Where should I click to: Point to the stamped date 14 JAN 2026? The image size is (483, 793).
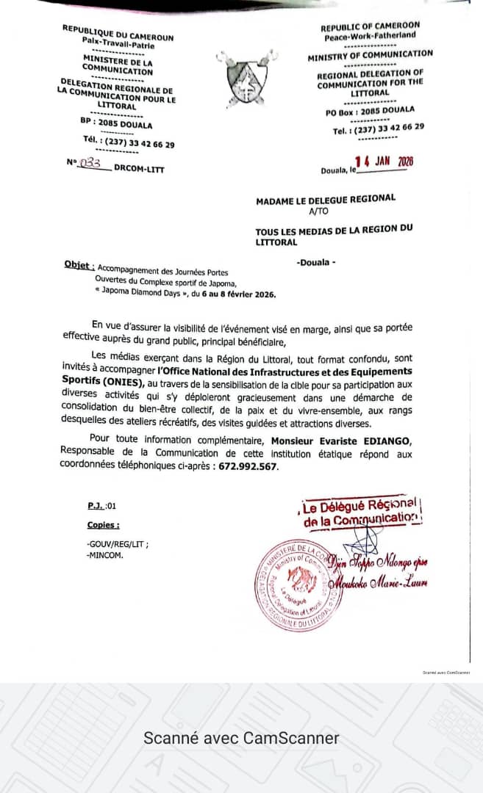click(384, 162)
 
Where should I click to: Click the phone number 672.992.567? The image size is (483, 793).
click(248, 466)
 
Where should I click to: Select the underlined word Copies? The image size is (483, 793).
click(103, 525)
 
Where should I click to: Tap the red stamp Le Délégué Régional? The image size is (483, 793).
click(360, 511)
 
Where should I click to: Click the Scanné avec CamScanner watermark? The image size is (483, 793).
click(241, 738)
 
